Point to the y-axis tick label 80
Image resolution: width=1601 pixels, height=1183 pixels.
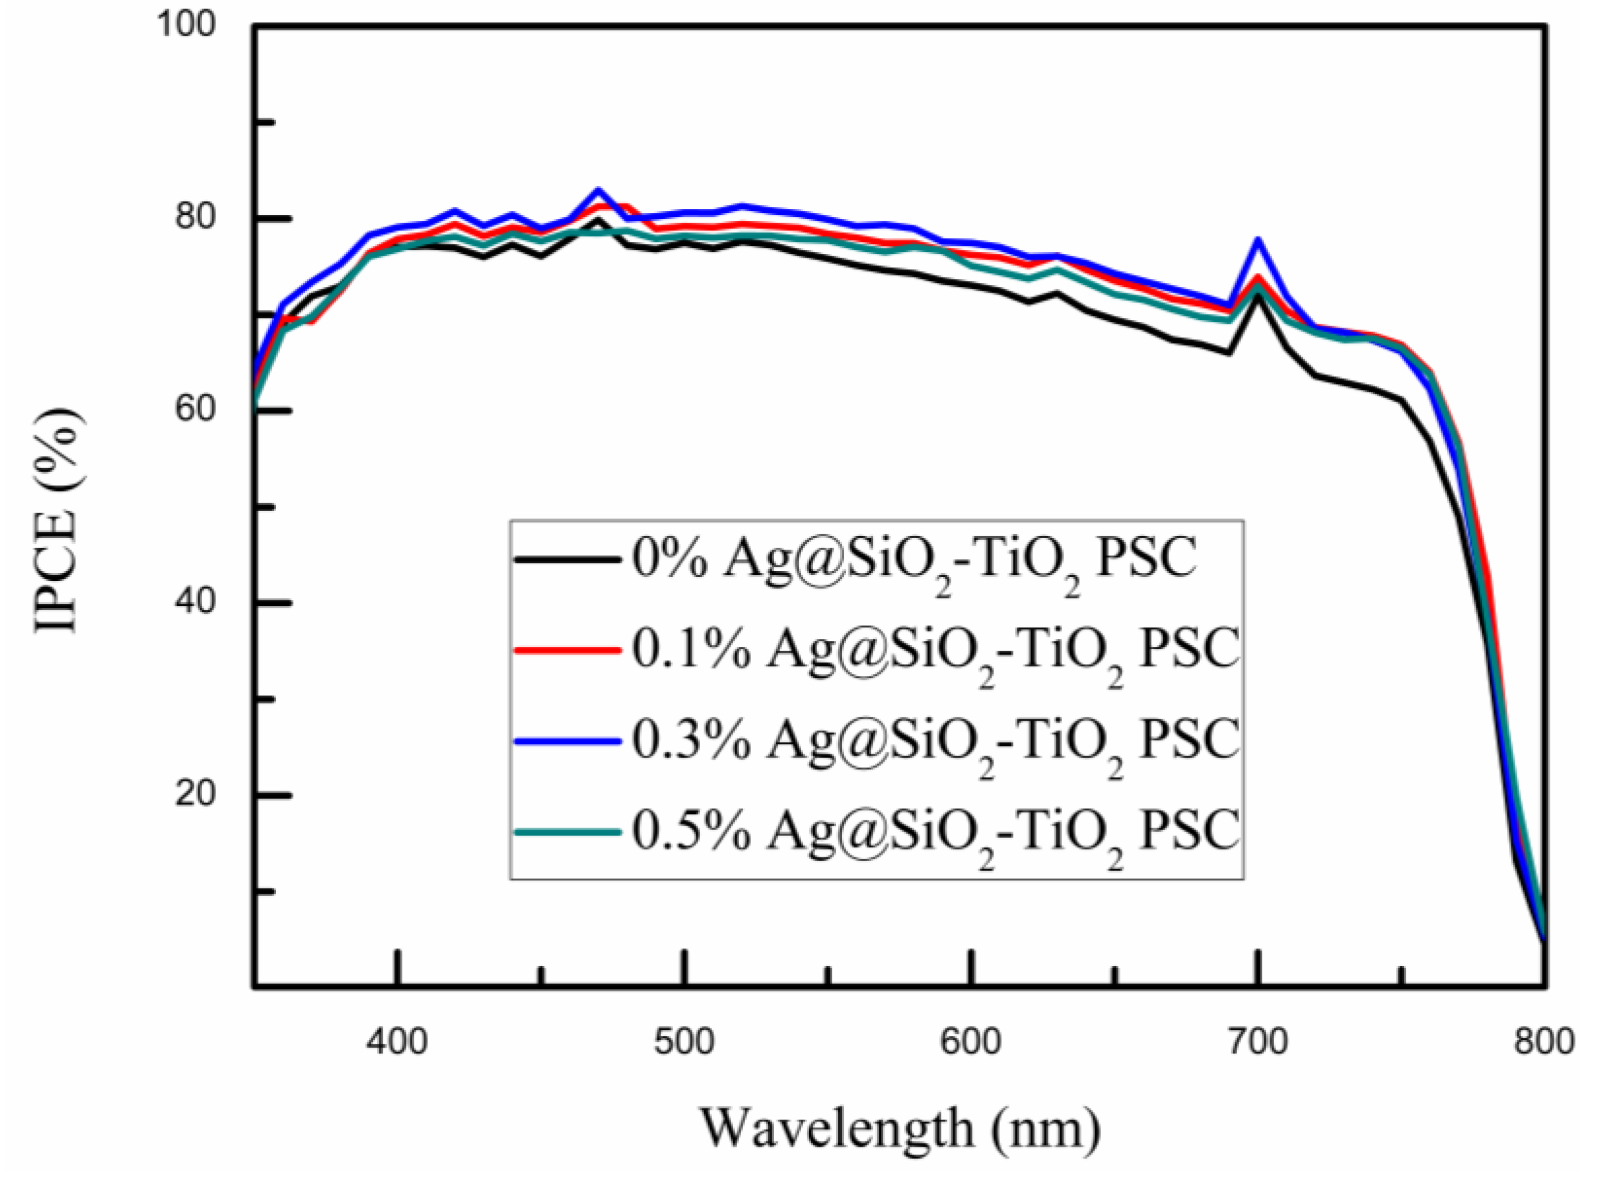point(196,217)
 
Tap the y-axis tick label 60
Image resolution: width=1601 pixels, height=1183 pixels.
point(196,410)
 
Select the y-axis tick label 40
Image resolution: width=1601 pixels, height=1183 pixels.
point(196,602)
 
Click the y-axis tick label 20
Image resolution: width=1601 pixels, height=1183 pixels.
point(196,794)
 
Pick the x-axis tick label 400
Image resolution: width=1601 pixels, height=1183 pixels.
point(397,1042)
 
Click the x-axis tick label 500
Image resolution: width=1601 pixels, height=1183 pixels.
point(684,1042)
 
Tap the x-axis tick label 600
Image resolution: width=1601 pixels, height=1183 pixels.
point(971,1042)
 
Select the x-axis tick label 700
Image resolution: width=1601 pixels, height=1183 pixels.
point(1257,1042)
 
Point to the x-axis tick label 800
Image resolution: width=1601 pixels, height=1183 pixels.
point(1544,1042)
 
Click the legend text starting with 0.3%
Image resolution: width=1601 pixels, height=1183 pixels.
point(935,741)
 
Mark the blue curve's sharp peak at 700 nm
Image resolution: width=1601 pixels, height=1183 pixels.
point(1257,240)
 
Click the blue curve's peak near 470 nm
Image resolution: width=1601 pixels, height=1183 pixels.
point(598,190)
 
